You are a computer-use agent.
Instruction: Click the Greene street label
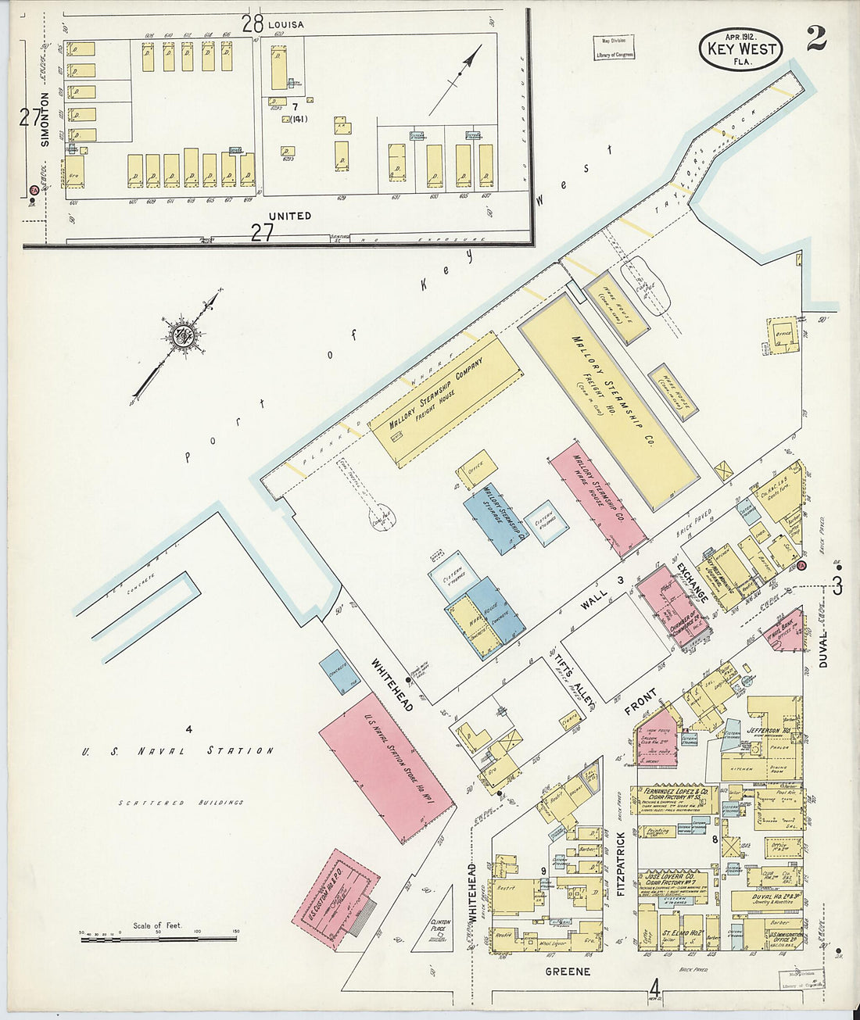click(x=570, y=972)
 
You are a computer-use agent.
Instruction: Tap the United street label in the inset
click(x=289, y=216)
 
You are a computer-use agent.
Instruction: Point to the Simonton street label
click(x=45, y=119)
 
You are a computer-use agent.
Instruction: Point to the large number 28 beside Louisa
click(x=252, y=24)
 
